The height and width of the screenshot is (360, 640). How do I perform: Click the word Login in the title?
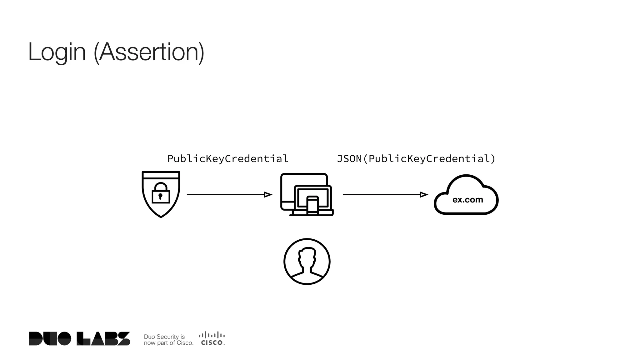coord(57,52)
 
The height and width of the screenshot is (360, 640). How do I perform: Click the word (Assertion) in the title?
coord(149,52)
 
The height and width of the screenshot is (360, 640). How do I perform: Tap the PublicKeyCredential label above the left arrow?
coord(228,159)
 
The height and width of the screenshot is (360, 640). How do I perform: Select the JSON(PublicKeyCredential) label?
coord(416,159)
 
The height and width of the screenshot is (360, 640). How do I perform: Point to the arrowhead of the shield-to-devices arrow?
coord(268,195)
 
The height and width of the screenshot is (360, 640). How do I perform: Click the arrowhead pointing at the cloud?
coord(424,195)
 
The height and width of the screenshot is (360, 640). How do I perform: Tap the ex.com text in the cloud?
coord(467,200)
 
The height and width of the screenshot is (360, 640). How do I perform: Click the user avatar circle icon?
coord(307,262)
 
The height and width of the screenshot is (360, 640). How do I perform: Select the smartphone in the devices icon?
coord(312,205)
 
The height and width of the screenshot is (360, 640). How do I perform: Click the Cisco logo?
coord(212,338)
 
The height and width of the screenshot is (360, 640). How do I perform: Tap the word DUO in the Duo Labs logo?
coord(50,339)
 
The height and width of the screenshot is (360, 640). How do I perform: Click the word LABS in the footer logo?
coord(103,339)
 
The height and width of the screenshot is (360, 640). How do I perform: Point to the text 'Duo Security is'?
coord(164,337)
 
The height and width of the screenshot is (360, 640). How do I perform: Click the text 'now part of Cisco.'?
coord(169,343)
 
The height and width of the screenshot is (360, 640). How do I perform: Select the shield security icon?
coord(161,194)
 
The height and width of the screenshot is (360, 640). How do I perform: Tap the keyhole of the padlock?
coord(160,196)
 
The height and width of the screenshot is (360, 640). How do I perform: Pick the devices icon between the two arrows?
coord(307,194)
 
